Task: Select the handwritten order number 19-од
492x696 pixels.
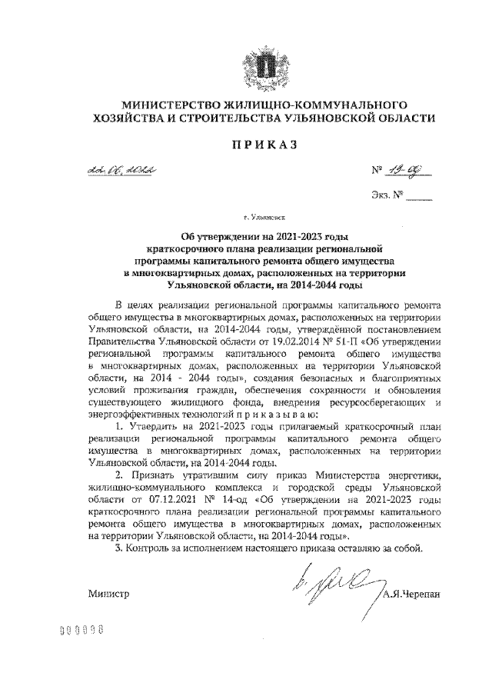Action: point(409,175)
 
